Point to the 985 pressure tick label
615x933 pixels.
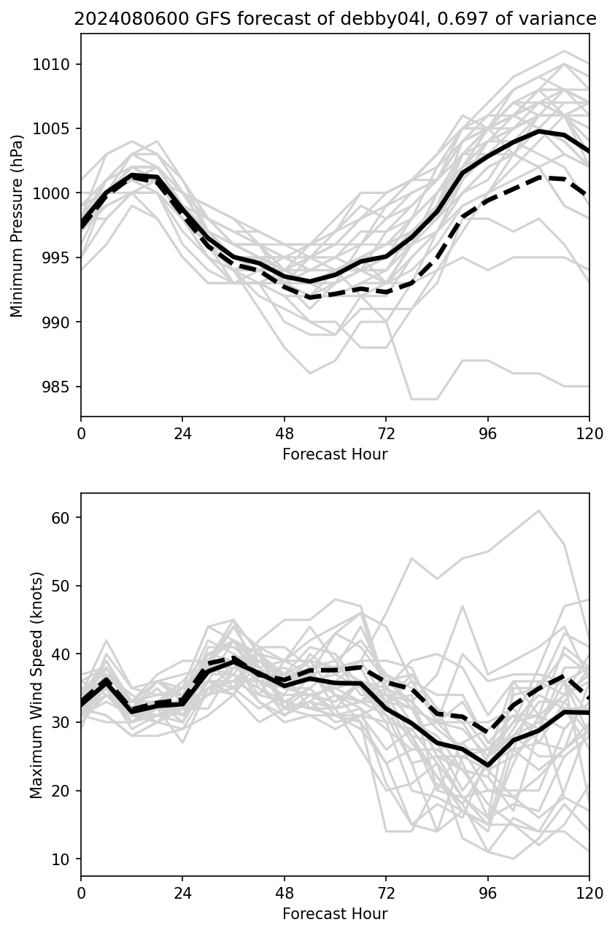pos(58,387)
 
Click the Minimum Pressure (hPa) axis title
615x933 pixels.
pos(18,225)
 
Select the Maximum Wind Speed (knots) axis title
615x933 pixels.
pos(37,684)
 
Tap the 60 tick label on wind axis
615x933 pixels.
pos(61,518)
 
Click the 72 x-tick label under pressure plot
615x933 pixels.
pos(386,433)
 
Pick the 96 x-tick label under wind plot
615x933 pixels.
pos(487,893)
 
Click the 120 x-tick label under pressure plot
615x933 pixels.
pos(589,433)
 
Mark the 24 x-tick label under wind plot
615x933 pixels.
pos(182,893)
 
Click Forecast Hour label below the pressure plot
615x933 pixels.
pos(335,454)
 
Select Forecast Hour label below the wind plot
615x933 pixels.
pos(335,914)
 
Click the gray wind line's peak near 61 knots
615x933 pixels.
pos(538,511)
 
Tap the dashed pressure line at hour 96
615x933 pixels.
pos(487,200)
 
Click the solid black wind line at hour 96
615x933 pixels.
pos(487,765)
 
